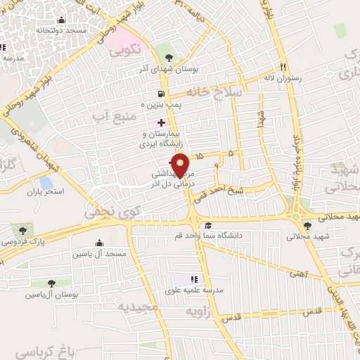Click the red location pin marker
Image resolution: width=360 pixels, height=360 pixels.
tap(181, 164)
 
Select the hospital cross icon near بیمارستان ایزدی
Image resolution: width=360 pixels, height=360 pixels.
tap(162, 122)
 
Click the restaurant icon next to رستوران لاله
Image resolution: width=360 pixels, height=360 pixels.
tap(283, 67)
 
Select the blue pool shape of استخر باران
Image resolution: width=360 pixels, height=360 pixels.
tap(46, 183)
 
